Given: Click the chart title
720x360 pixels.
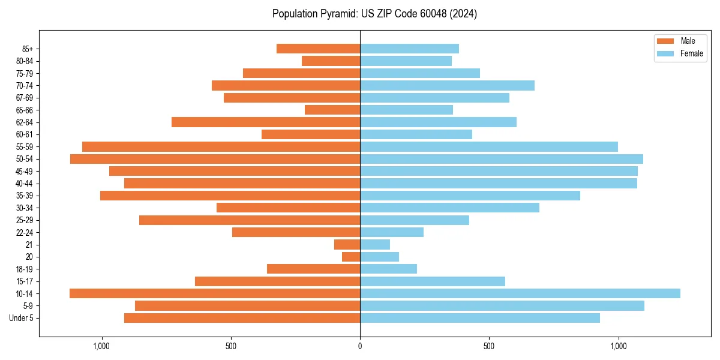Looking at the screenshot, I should [374, 14].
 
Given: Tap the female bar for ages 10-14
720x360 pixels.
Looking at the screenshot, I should [520, 293].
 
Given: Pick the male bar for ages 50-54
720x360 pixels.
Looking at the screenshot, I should [215, 159].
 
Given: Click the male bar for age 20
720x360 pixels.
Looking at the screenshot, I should [351, 257].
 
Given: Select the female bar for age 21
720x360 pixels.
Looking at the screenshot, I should [375, 245].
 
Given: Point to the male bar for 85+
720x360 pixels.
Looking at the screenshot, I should [318, 49].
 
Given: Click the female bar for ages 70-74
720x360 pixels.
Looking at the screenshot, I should [447, 86].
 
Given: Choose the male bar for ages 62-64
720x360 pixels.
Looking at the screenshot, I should [266, 122].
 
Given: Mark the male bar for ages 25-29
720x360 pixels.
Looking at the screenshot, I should [250, 220].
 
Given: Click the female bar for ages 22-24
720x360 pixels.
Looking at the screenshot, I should [392, 232].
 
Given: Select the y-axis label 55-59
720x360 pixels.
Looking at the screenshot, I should [25, 147].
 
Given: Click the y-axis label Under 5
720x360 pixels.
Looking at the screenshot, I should [22, 318].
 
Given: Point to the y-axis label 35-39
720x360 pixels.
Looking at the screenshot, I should [25, 196].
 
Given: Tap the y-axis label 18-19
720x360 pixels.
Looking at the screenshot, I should [25, 269].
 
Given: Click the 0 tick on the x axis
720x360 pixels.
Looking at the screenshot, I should [360, 346].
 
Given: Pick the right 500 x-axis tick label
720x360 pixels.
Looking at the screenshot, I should [489, 346].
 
